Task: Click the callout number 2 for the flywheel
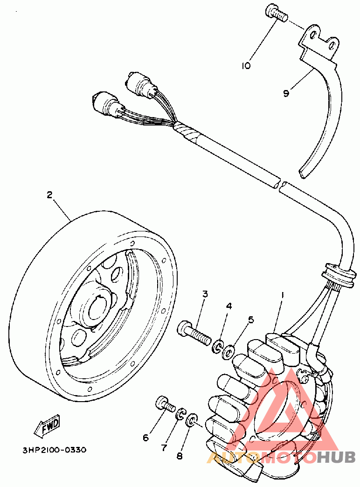click(49, 195)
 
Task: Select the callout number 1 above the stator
click(281, 295)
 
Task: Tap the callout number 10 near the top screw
click(246, 66)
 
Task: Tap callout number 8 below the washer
click(180, 456)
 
